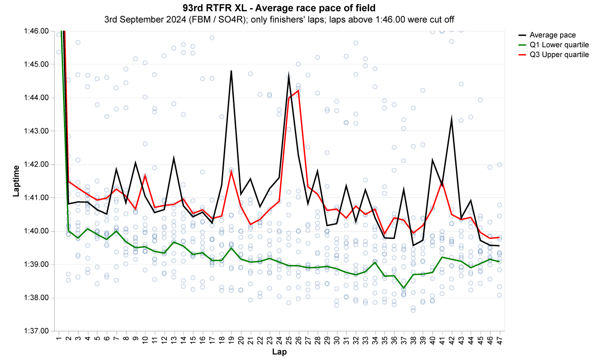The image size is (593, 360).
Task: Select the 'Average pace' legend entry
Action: coord(552,35)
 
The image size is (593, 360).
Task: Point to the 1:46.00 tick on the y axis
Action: coord(37,31)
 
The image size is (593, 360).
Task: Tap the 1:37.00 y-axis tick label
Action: coord(37,331)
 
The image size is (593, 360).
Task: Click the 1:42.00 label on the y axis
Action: coord(37,164)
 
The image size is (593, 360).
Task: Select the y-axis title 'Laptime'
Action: coord(16,181)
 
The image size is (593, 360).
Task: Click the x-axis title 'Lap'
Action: coord(279,352)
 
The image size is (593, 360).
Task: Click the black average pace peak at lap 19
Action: coord(231,71)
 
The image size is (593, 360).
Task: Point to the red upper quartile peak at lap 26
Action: coord(298,90)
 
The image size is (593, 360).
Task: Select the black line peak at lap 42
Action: coord(452,118)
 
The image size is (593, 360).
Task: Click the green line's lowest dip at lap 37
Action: coord(403,288)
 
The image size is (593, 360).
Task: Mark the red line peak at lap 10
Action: coord(145,175)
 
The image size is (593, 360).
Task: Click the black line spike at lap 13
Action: coord(174,158)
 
